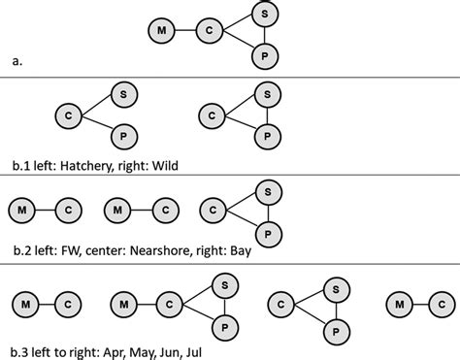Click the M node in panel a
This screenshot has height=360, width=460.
(x=161, y=33)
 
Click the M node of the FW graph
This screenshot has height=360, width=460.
(x=19, y=209)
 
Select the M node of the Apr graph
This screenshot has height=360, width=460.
(x=19, y=306)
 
